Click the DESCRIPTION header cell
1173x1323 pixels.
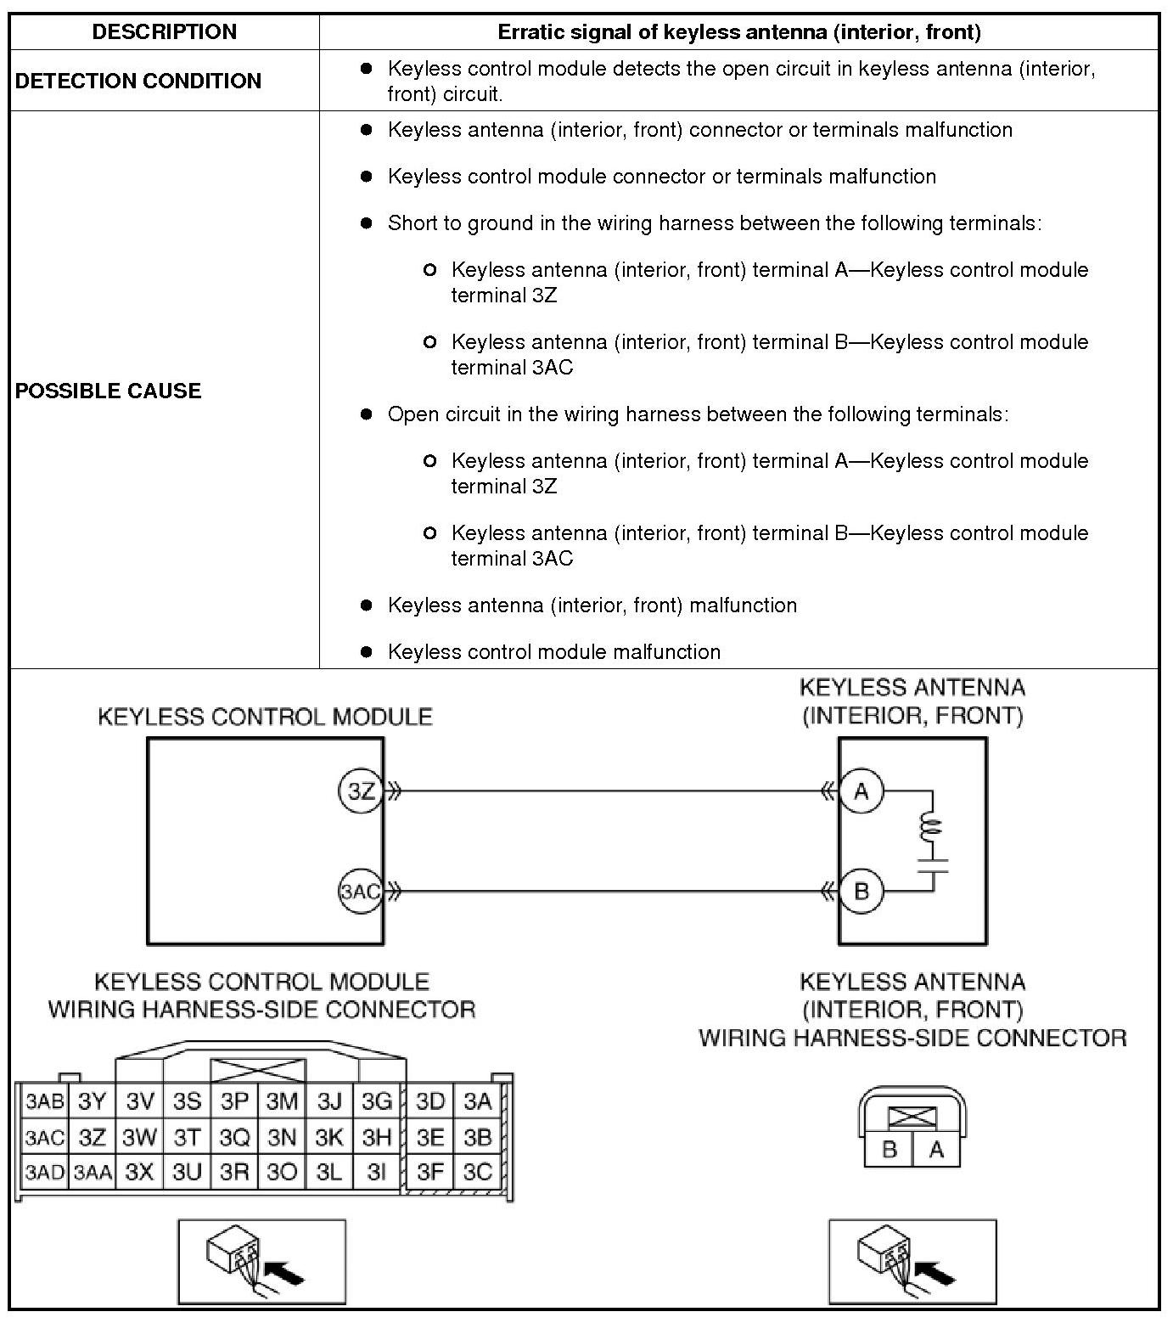coord(164,32)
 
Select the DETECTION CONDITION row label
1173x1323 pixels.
coord(138,81)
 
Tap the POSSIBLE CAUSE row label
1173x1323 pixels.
coord(109,391)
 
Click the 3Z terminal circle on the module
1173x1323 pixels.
coord(361,791)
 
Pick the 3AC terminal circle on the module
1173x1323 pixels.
coord(361,892)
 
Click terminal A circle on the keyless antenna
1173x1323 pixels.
coord(862,791)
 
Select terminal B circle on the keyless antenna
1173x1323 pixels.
coord(862,892)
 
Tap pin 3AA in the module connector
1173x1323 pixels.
coord(93,1173)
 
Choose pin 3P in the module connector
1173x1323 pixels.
coord(234,1101)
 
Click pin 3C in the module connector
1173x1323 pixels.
coord(478,1172)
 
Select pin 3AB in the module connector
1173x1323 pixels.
coord(44,1101)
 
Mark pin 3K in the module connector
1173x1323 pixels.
coord(328,1137)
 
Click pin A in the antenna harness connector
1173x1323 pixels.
coord(936,1150)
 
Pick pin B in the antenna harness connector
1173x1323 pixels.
coord(890,1150)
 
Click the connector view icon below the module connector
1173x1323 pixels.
coord(261,1262)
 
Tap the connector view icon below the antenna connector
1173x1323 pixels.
coord(912,1262)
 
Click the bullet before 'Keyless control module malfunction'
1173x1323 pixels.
coord(367,652)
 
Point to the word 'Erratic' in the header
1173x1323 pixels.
coord(529,32)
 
